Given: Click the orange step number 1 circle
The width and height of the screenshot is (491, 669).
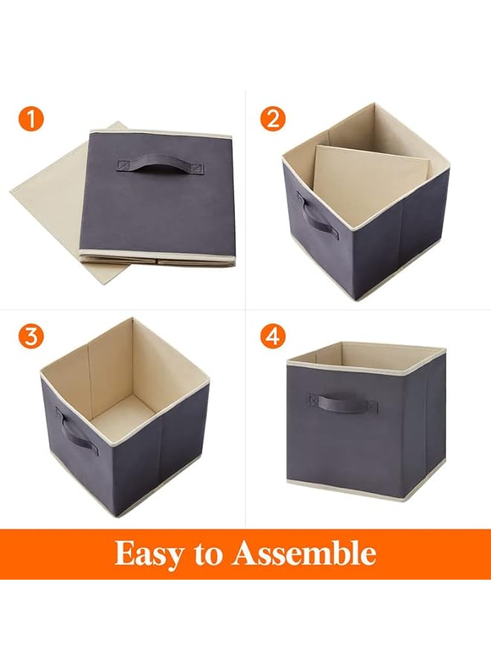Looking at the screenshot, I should [31, 119].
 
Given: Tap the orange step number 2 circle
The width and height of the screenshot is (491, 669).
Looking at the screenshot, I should [272, 119].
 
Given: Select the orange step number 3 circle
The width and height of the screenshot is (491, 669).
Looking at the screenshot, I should [31, 336].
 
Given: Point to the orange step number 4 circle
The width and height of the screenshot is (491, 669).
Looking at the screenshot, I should [272, 336].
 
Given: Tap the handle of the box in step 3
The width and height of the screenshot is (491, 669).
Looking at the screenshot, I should [77, 433].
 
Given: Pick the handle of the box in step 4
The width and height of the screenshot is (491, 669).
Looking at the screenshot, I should [342, 405].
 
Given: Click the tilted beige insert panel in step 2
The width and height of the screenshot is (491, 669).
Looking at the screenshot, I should [368, 178].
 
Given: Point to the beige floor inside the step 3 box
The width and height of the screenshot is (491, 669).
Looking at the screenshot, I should [123, 416].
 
